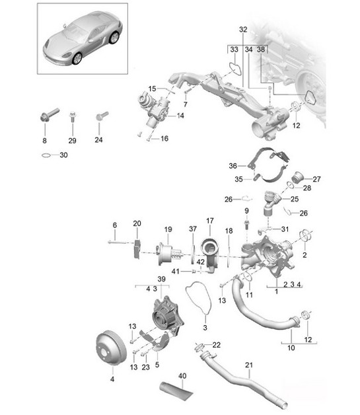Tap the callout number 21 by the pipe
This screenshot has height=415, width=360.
[249, 365]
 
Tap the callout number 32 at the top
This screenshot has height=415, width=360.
[243, 30]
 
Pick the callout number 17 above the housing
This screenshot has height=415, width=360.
[210, 220]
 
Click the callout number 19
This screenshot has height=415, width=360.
[168, 229]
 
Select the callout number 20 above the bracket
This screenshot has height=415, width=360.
[137, 223]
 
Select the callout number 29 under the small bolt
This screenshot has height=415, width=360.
[72, 141]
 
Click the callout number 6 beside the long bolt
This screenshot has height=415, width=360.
[114, 225]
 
